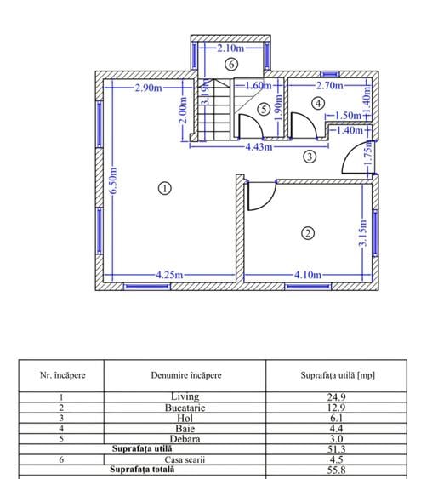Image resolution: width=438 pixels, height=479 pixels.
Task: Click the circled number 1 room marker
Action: [165, 188]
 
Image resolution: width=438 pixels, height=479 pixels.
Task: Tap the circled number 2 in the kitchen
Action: [308, 233]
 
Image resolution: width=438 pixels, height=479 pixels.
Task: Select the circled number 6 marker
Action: [231, 65]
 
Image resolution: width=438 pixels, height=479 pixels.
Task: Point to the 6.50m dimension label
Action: [113, 180]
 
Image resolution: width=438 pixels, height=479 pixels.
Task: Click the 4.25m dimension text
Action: [169, 275]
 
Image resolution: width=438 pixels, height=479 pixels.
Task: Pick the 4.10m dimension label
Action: [308, 275]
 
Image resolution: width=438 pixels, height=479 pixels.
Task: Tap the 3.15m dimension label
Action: [363, 233]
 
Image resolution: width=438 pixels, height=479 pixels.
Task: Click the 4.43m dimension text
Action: [259, 147]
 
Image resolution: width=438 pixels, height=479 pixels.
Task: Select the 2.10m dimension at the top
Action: [230, 48]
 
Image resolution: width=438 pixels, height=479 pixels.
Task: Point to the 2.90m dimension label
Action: [149, 88]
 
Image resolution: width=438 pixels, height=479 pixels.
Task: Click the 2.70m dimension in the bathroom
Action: [330, 85]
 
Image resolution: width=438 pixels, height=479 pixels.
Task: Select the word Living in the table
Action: [185, 396]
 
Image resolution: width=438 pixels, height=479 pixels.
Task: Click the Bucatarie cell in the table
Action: [185, 408]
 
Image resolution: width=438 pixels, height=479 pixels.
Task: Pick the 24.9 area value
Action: [336, 396]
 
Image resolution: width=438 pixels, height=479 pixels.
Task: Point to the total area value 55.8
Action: [336, 470]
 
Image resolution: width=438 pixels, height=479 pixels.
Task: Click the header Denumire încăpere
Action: [186, 375]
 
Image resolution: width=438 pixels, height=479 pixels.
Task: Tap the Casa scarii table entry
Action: [185, 459]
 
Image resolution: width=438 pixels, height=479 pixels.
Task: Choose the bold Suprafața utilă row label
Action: [142, 448]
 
